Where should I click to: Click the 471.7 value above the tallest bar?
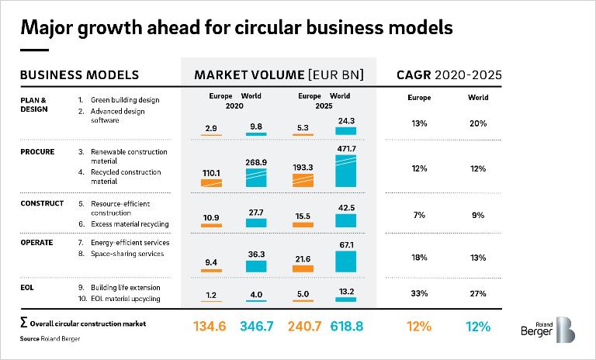[345, 148]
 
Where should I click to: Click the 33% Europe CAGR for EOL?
[420, 293]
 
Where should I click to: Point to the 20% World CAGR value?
[479, 123]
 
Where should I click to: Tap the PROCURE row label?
[37, 152]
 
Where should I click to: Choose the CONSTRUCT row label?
[42, 204]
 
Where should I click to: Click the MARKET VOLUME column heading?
[279, 75]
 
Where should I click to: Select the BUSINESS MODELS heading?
[79, 75]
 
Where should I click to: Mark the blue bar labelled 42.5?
[345, 220]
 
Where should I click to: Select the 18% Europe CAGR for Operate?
[420, 257]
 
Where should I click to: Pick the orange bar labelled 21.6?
[303, 268]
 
